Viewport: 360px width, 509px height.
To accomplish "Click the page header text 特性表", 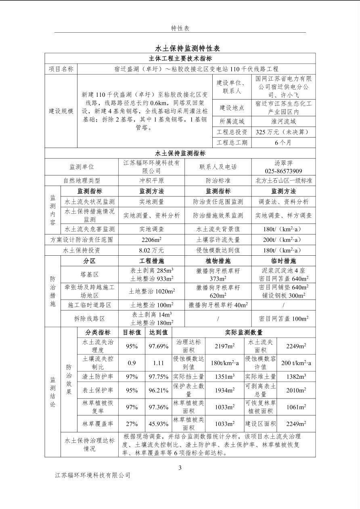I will point(180,28).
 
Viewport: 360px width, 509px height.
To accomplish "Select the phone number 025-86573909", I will point(283,171).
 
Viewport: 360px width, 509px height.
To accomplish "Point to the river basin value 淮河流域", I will point(283,121).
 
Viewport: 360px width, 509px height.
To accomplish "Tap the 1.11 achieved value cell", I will point(158,363).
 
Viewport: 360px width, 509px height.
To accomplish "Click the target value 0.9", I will point(132,363).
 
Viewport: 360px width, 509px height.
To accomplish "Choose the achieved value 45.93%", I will point(158,424).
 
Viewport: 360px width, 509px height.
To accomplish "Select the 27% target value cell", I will point(132,424).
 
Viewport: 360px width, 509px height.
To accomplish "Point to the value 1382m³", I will point(296,377).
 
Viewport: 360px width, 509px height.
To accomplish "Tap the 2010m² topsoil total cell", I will point(296,390).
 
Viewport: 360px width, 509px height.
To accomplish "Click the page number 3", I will point(180,468).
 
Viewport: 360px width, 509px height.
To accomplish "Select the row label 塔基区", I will point(89,274).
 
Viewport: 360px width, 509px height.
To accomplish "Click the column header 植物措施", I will point(218,261).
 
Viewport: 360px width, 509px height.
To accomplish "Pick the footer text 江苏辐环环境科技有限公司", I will point(93,476).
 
